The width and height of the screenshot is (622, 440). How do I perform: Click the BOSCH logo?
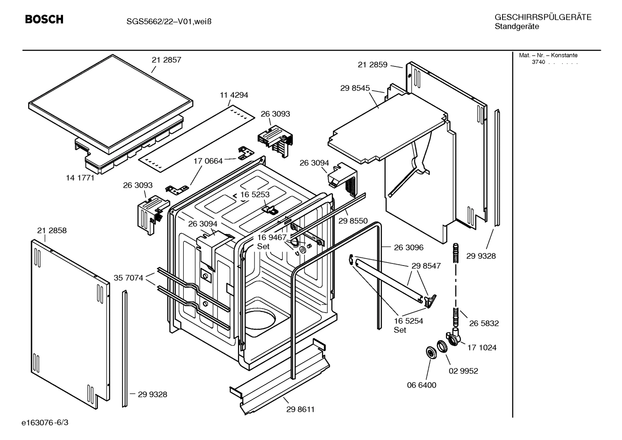click(x=44, y=19)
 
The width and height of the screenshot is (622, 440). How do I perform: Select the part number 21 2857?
click(x=166, y=60)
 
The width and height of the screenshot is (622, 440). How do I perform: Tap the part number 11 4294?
click(x=234, y=95)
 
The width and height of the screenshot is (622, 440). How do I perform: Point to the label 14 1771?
click(x=80, y=177)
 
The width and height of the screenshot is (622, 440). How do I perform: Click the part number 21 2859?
click(x=372, y=65)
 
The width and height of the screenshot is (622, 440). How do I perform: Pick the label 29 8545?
click(x=355, y=88)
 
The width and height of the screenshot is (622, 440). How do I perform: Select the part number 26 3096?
click(x=408, y=247)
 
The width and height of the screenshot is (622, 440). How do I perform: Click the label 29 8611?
click(x=300, y=409)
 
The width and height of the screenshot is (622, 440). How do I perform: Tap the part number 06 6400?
click(x=421, y=385)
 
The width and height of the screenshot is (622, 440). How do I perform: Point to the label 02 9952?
click(x=463, y=371)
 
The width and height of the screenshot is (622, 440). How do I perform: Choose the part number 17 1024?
click(x=482, y=348)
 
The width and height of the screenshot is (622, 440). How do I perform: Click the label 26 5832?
click(x=484, y=323)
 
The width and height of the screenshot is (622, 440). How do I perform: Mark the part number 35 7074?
click(x=128, y=278)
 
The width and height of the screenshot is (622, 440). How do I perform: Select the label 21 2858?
click(x=52, y=231)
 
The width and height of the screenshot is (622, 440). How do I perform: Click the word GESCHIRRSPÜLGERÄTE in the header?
click(x=543, y=17)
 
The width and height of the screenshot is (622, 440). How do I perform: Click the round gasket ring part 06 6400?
click(x=430, y=352)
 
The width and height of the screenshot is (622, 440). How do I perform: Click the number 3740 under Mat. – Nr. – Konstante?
click(x=538, y=62)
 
